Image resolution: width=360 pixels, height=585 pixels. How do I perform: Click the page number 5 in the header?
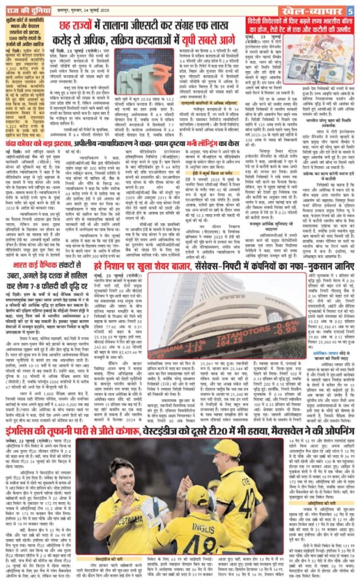(354, 7)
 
